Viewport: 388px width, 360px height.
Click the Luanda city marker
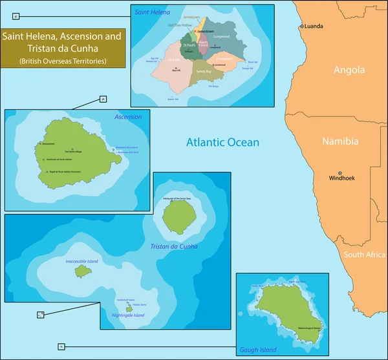pos(301,26)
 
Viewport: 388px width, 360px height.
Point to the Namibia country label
pos(341,142)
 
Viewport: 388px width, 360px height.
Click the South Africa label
pos(365,255)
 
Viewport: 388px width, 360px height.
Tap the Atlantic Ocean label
pos(222,142)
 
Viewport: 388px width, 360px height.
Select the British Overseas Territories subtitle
pos(62,61)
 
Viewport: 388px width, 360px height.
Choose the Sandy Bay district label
pos(204,71)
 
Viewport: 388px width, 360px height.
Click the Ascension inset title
pos(127,117)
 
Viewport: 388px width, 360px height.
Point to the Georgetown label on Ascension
pos(48,143)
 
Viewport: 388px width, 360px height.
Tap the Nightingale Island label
pos(128,315)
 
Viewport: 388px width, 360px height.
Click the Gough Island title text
pos(259,350)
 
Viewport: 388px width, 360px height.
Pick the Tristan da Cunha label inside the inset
pos(175,247)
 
